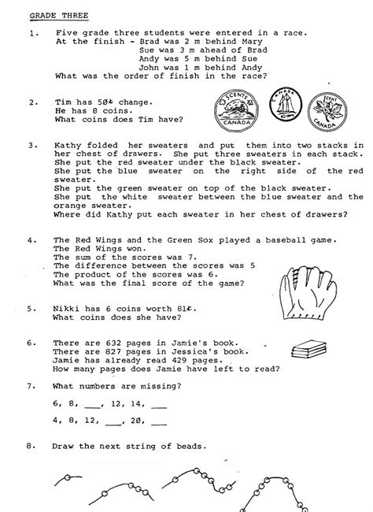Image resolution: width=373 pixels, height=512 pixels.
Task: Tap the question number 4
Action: tap(31, 239)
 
